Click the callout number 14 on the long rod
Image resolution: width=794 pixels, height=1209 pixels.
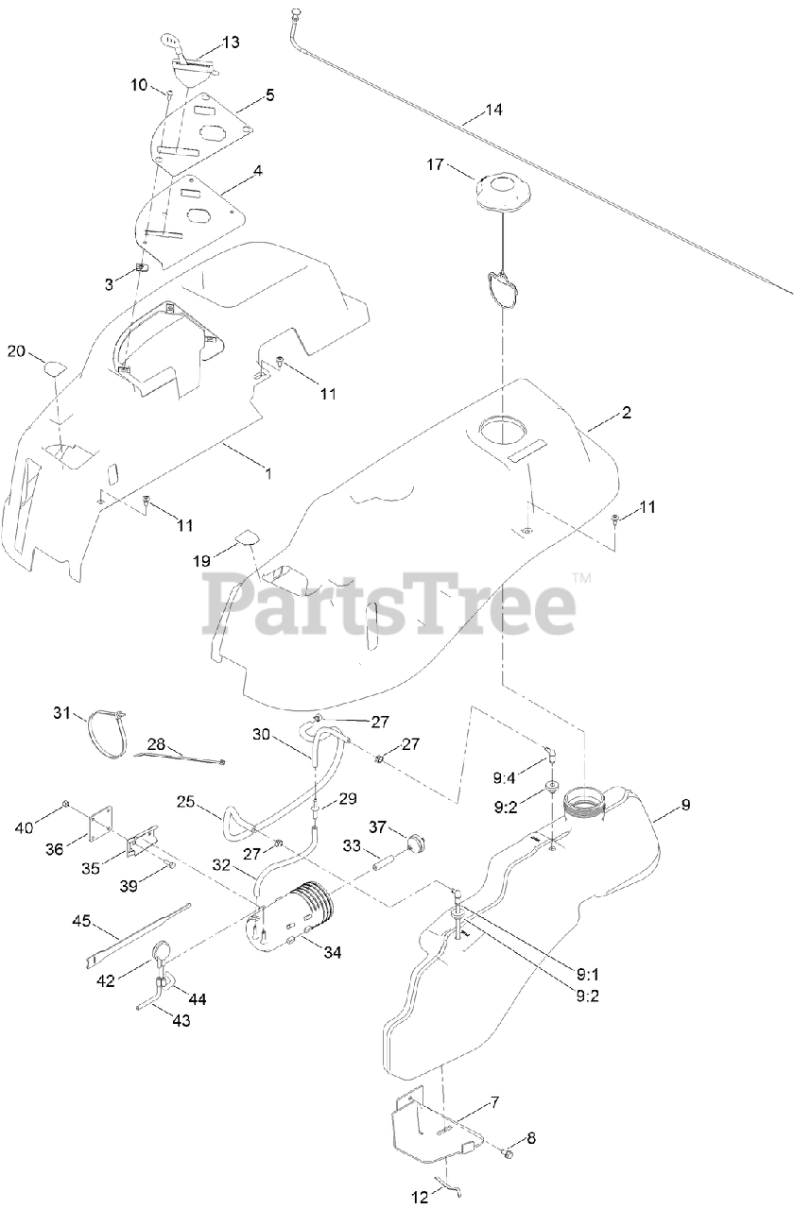(494, 111)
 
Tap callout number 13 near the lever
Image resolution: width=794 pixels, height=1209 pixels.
(231, 43)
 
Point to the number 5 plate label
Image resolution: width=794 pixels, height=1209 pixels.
(269, 95)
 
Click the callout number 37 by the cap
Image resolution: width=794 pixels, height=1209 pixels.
(378, 827)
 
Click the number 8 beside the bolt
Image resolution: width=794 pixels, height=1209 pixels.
(530, 1137)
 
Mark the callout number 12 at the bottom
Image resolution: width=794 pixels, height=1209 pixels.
(419, 1199)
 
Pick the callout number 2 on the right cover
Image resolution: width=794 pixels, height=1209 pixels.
(627, 413)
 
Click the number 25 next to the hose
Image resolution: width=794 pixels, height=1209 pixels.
(185, 802)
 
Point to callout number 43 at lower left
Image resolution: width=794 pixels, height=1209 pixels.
(180, 1019)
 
